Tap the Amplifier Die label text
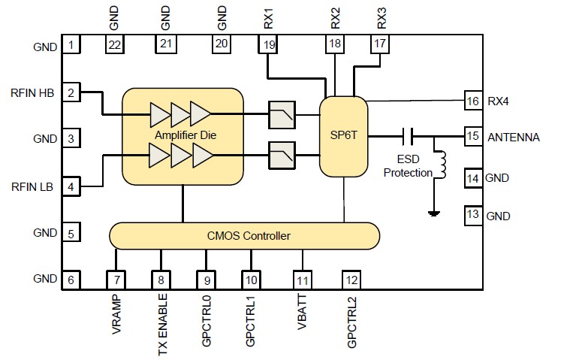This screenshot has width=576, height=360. (182, 135)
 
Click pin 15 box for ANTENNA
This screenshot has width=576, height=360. (472, 137)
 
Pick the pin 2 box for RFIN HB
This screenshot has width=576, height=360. (71, 92)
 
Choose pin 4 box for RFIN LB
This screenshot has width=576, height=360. (71, 186)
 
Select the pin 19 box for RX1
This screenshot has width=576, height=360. (268, 45)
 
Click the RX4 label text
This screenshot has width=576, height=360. (499, 101)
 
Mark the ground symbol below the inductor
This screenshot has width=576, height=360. (433, 213)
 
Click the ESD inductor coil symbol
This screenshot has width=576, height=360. (442, 166)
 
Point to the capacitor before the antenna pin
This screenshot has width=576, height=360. (409, 136)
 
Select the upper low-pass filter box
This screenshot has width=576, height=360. (281, 115)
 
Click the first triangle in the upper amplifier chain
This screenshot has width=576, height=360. (160, 114)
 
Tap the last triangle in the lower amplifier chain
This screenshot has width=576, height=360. (203, 156)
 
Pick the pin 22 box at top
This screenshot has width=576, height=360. (114, 45)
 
